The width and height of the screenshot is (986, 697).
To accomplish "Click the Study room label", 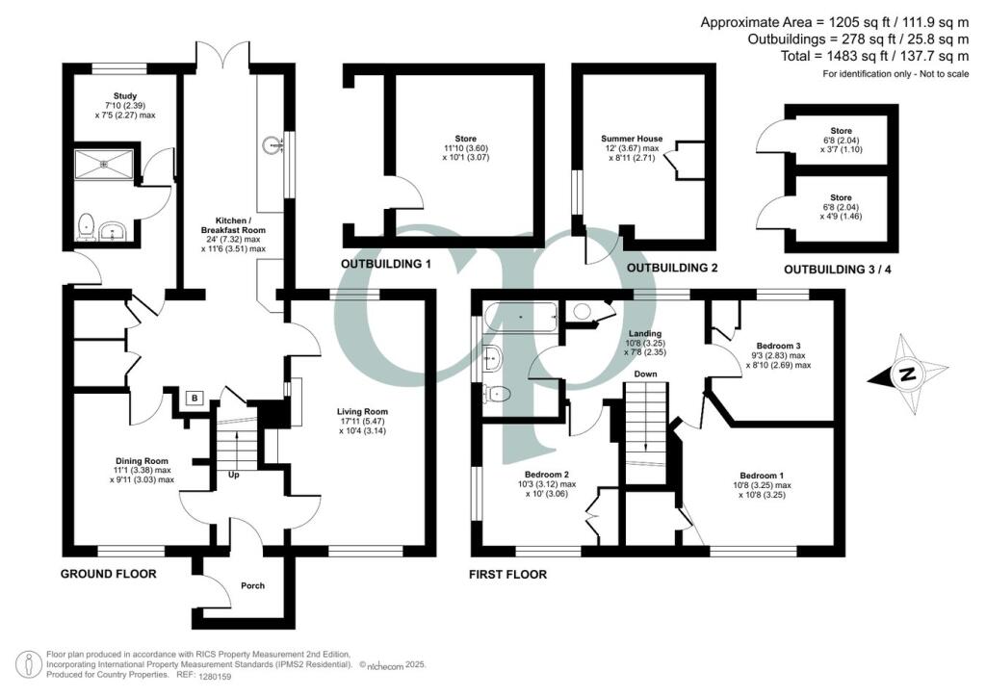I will (x=124, y=96).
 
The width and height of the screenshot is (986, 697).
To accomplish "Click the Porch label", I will (x=251, y=585).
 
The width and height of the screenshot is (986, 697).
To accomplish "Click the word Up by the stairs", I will (x=234, y=476).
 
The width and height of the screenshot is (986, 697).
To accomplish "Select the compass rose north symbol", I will (x=905, y=375).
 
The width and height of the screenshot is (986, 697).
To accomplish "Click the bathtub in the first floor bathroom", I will (x=521, y=315).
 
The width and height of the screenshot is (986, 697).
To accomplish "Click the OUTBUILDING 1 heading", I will (x=385, y=263).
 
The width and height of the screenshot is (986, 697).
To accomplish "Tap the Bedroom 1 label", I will (x=761, y=476).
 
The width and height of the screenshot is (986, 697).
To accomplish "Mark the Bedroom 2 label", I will (x=547, y=475).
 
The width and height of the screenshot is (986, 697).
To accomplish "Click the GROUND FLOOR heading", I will (x=108, y=574).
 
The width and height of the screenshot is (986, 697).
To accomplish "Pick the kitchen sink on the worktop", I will (x=270, y=146).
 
